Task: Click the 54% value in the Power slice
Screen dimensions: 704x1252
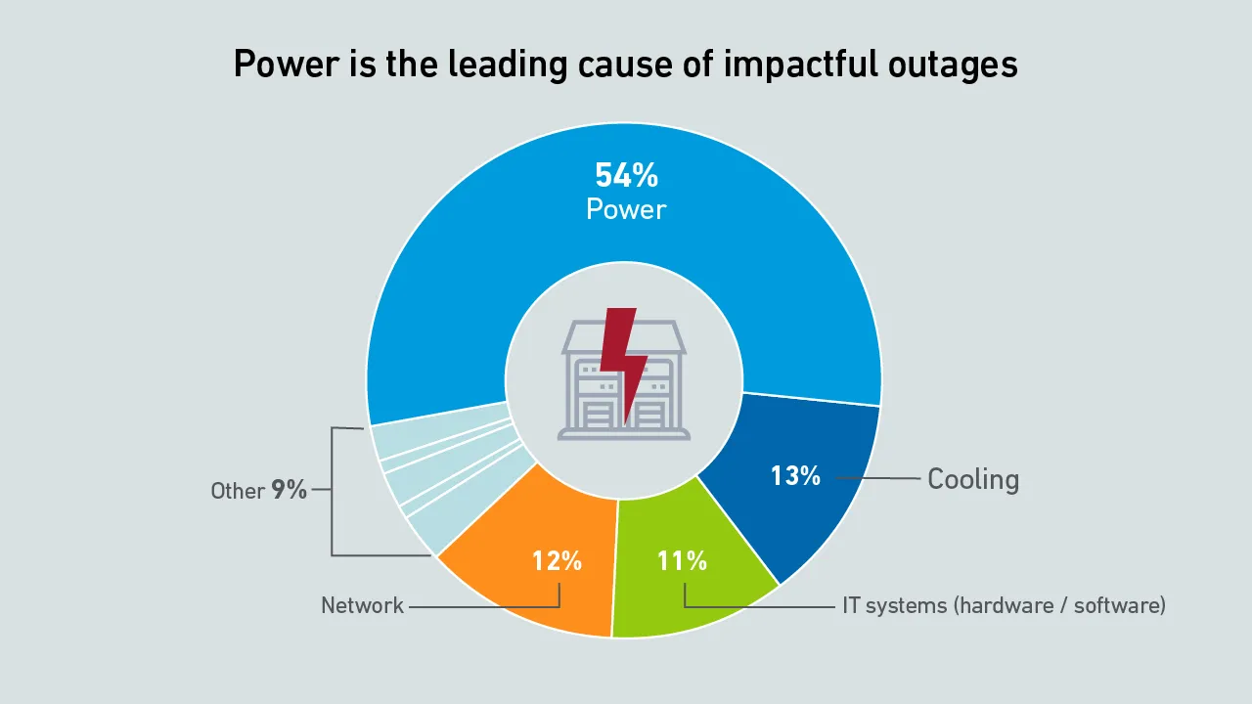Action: click(x=626, y=176)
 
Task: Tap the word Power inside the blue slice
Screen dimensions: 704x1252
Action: click(x=626, y=209)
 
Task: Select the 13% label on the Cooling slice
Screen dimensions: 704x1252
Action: click(x=794, y=476)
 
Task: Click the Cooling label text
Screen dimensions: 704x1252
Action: click(x=972, y=479)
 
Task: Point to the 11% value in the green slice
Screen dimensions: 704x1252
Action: click(x=682, y=560)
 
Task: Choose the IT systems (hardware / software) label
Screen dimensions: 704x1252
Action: click(x=1004, y=605)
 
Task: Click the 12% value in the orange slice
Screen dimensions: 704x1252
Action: click(x=557, y=560)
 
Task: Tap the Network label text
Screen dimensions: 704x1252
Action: click(x=362, y=606)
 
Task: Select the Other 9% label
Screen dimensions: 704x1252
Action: click(x=259, y=490)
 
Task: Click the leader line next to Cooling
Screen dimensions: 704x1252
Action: click(x=876, y=478)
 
